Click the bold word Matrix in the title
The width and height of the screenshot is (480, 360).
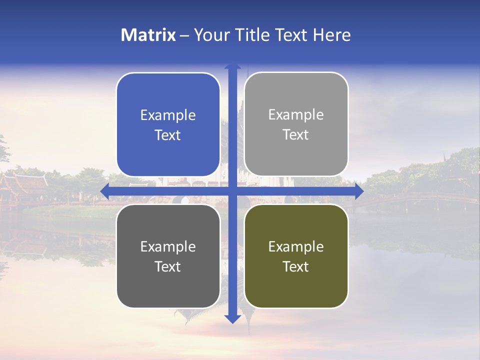pos(148,35)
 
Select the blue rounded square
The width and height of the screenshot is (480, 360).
pos(168,124)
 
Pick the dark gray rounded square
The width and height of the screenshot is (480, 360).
pos(168,256)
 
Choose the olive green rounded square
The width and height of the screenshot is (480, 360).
pos(296,256)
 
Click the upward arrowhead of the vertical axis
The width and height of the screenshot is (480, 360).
pos(232,66)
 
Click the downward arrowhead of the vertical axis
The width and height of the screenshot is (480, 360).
pos(232,318)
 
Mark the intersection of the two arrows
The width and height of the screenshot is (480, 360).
pos(232,190)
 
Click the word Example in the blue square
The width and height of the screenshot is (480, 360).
pos(168,115)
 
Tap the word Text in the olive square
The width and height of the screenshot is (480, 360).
pos(296,266)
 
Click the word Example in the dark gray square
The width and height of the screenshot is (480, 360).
pos(168,246)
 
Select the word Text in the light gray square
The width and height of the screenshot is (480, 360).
pos(296,134)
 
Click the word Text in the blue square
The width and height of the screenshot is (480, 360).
pos(168,135)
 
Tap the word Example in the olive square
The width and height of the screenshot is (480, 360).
pos(296,246)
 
